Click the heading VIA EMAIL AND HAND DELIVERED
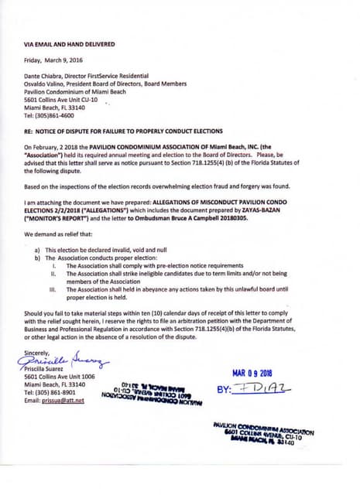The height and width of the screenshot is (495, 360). coord(70,45)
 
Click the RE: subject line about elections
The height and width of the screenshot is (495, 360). coord(124,131)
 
